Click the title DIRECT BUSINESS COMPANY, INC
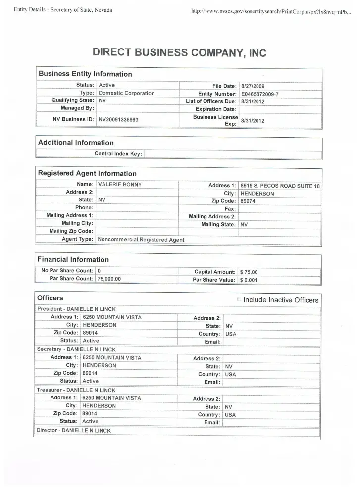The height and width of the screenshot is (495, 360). pyautogui.click(x=179, y=53)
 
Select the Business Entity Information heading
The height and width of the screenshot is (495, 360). pyautogui.click(x=85, y=74)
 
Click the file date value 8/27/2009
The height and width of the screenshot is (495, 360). pyautogui.click(x=253, y=86)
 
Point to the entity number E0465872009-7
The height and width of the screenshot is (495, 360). pyautogui.click(x=259, y=94)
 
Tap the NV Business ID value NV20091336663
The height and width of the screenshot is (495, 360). pyautogui.click(x=118, y=120)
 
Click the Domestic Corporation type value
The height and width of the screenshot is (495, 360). pyautogui.click(x=126, y=93)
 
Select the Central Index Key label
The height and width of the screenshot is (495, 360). pyautogui.click(x=118, y=154)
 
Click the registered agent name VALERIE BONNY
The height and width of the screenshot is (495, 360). pyautogui.click(x=120, y=185)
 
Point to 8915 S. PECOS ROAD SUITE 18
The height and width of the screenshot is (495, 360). pyautogui.click(x=280, y=186)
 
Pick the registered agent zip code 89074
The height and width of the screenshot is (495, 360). pyautogui.click(x=248, y=201)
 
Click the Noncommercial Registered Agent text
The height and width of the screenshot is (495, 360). pyautogui.click(x=141, y=240)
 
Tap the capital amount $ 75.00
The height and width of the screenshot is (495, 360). pyautogui.click(x=249, y=272)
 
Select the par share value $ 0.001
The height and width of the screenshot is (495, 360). pyautogui.click(x=249, y=280)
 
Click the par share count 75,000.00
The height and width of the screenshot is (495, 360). pyautogui.click(x=109, y=279)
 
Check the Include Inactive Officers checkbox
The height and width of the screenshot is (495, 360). pyautogui.click(x=239, y=299)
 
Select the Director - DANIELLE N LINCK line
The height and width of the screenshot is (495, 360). pyautogui.click(x=74, y=431)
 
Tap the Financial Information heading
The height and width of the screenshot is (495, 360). pyautogui.click(x=73, y=259)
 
